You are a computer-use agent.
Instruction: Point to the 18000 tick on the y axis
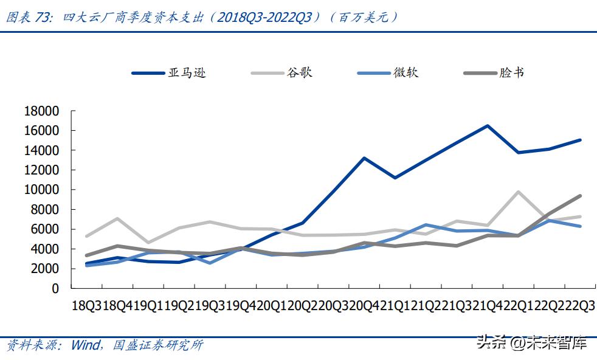coord(41,111)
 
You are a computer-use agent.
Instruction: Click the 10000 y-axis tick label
coord(41,190)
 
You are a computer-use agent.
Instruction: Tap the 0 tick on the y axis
coord(55,288)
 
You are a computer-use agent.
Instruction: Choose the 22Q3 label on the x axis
coord(579,306)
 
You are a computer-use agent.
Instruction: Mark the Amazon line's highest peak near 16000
coord(488,126)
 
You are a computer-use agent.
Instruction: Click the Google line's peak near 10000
coord(518,192)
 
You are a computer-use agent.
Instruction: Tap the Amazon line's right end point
coord(580,140)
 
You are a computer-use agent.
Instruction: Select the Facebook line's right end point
coord(580,196)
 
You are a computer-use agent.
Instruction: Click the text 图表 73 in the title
coord(28,17)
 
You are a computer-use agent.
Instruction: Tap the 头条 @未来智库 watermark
coord(532,344)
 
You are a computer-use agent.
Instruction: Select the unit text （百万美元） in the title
coord(365,17)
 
